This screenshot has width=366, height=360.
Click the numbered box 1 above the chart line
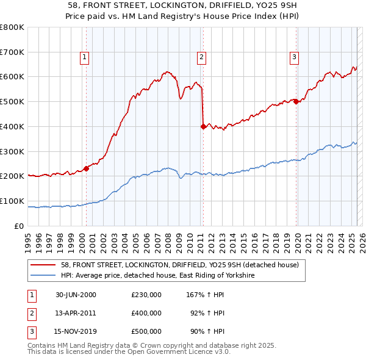click(x=84, y=58)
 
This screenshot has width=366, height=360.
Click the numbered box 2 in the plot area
click(x=201, y=58)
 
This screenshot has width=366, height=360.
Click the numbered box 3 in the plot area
click(x=294, y=58)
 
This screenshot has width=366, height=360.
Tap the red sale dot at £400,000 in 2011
click(x=203, y=126)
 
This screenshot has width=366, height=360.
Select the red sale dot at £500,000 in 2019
click(x=296, y=102)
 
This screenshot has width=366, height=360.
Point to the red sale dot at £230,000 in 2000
click(x=87, y=168)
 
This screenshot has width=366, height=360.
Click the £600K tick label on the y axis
click(x=12, y=77)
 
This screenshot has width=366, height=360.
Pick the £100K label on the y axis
click(x=12, y=201)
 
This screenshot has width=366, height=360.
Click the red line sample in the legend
click(x=43, y=265)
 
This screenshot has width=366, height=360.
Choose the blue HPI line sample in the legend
click(x=43, y=276)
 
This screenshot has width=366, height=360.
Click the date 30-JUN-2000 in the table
click(x=76, y=294)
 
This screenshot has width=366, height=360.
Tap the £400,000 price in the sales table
click(x=146, y=313)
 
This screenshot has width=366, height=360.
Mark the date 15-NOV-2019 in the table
click(x=76, y=331)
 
